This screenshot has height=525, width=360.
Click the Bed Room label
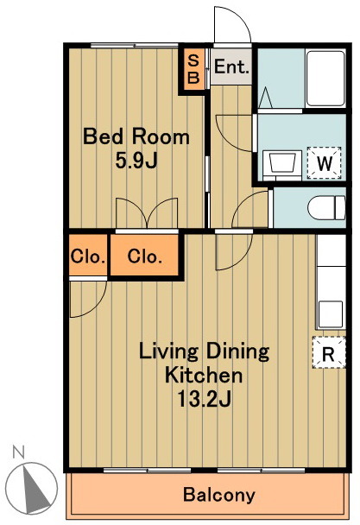[x=136, y=136]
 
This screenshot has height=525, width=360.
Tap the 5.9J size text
[x=136, y=161]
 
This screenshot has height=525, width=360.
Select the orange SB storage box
[x=193, y=70]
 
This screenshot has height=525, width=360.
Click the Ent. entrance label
[x=231, y=66]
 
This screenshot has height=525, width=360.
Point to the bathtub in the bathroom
[x=325, y=79]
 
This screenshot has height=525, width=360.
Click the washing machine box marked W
[x=324, y=163]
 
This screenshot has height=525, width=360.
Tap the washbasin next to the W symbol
[x=282, y=164]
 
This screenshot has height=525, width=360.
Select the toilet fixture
[x=326, y=207]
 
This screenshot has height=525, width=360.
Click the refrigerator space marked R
[x=329, y=353]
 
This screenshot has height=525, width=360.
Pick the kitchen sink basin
[x=330, y=314]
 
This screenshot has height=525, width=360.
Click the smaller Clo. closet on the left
[x=88, y=256]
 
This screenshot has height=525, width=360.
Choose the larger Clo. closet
[x=145, y=256]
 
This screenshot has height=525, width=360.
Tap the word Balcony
[x=219, y=495]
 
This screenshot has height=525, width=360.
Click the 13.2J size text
[x=204, y=398]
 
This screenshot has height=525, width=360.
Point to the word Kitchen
[x=203, y=375]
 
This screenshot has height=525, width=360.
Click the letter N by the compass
[x=18, y=452]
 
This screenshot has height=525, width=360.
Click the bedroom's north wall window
[x=134, y=46]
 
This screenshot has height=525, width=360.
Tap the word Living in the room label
[x=168, y=352]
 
